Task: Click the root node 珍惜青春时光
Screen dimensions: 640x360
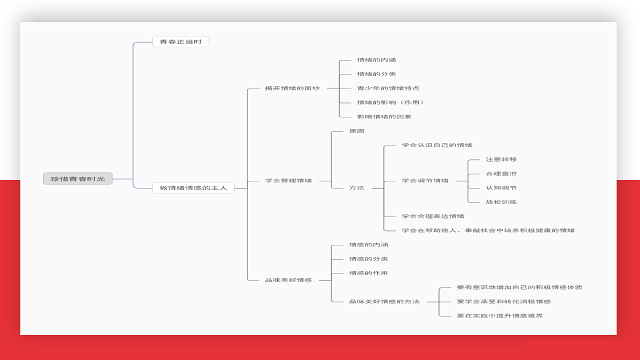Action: coord(78,179)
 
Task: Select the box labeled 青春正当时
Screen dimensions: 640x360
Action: coord(181,42)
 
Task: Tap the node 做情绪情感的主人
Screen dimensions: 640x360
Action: coord(194,188)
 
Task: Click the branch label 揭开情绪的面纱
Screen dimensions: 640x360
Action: coord(292,89)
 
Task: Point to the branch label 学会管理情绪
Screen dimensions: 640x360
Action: coord(289,181)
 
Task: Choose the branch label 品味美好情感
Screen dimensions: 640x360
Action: coord(289,280)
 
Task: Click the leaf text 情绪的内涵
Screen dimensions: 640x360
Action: coord(377,60)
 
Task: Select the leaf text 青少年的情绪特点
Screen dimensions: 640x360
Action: coord(388,89)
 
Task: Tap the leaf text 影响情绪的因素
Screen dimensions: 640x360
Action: coord(384,117)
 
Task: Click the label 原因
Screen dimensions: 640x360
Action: coord(357,131)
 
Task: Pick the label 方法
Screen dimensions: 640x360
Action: coord(357,188)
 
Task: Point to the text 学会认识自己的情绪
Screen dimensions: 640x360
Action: coord(437,145)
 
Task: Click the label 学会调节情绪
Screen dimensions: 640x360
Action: coord(425,181)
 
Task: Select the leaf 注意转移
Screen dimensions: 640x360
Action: coord(501,159)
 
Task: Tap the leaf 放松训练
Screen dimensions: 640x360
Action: coord(501,202)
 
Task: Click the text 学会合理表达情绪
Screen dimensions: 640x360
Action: coord(433,216)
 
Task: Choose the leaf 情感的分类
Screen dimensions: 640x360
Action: coord(369,259)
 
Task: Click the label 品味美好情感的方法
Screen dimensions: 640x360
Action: coord(385,301)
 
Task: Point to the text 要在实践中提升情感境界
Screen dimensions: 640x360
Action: coord(500,316)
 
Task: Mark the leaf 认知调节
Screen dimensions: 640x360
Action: coord(501,188)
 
